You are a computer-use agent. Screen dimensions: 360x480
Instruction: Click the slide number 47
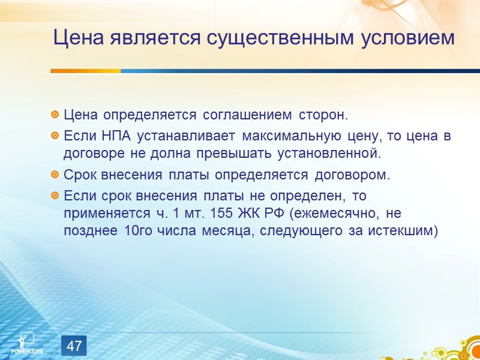pos(74,346)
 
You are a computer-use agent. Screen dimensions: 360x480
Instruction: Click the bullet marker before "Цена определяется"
pos(55,114)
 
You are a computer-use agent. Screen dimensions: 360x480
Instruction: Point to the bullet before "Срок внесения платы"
pos(55,176)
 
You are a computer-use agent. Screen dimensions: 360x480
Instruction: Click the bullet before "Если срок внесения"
pos(55,196)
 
